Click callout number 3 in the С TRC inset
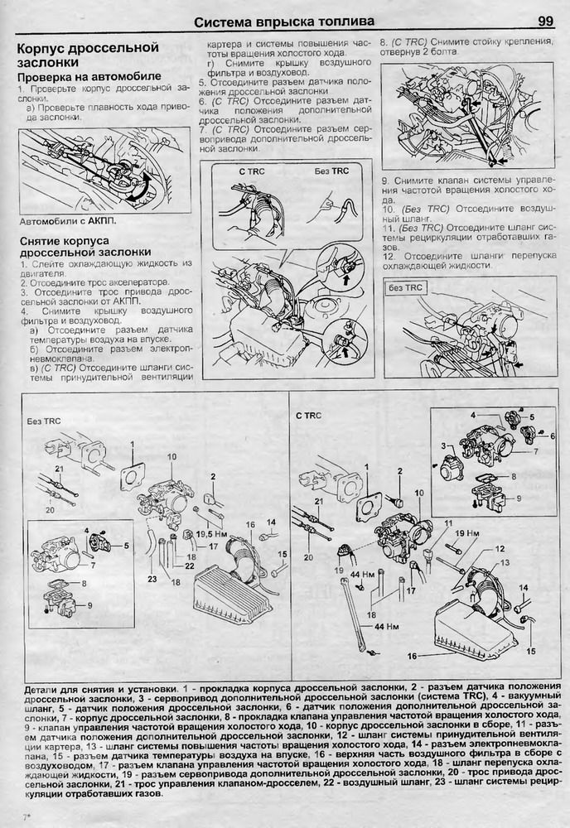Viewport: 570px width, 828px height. (x=443, y=445)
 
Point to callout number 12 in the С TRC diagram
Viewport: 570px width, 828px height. (x=500, y=549)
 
